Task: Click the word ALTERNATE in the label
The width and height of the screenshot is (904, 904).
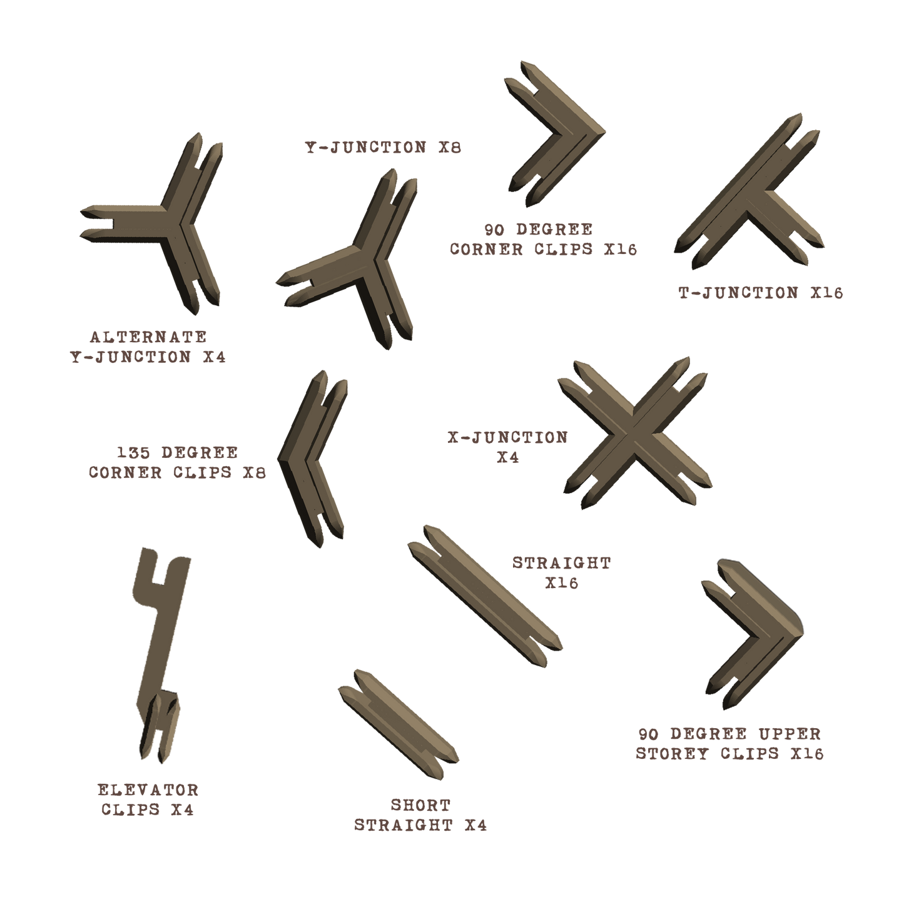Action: click(148, 338)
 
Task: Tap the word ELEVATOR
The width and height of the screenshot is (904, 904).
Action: click(148, 790)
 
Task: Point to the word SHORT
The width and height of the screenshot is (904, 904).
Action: click(420, 805)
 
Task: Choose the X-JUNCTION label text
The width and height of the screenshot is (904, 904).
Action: click(507, 437)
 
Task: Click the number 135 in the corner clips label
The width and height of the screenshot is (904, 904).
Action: click(133, 452)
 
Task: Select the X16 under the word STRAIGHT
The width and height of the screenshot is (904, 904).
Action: click(561, 584)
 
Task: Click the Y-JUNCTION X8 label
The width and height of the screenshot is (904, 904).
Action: click(383, 149)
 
